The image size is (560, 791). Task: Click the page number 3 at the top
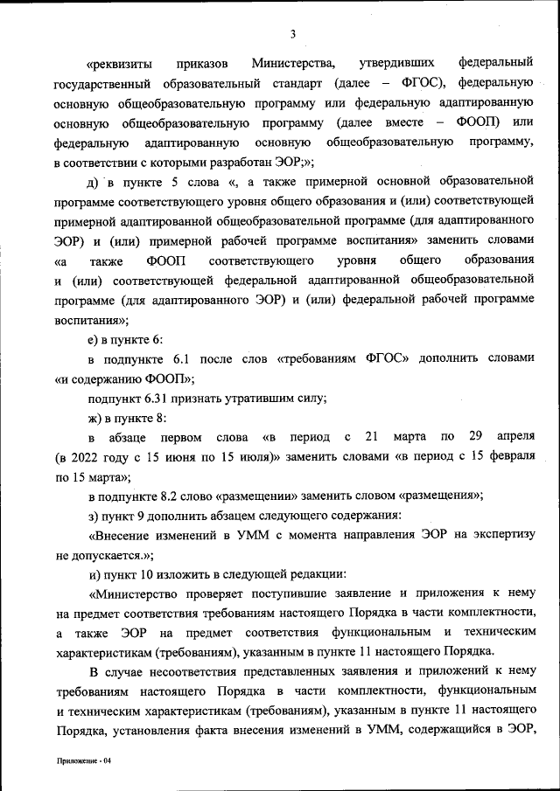pos(294,34)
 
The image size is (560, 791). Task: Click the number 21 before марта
pos(371,436)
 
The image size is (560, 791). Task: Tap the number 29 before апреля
pos(475,436)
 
